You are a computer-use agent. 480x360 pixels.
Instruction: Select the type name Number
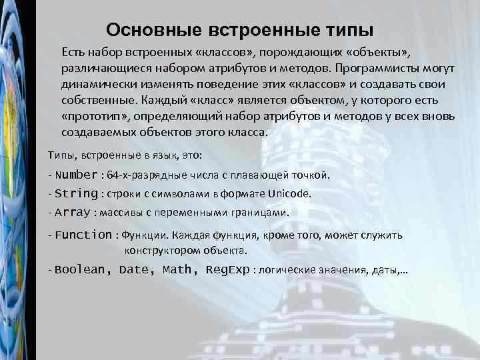tap(77, 175)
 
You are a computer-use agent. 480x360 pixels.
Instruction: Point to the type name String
tap(76, 194)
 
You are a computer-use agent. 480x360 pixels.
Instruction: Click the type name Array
tap(73, 213)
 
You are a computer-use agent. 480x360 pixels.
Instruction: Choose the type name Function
tap(84, 235)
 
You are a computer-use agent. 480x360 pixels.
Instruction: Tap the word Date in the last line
tap(137, 270)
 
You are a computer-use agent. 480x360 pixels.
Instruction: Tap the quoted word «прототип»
tap(94, 116)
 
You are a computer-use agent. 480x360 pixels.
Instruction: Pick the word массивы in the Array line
tap(119, 213)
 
